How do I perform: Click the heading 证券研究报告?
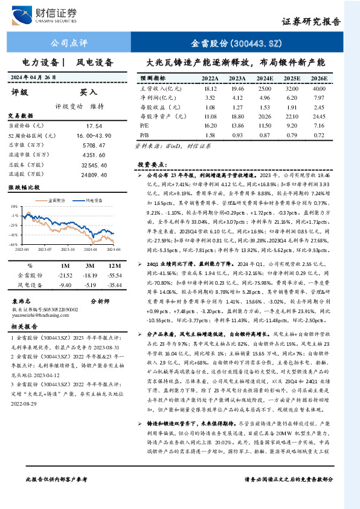(x=310, y=22)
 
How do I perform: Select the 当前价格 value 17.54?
(x=94, y=125)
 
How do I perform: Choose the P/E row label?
(x=144, y=124)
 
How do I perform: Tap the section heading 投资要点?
(x=151, y=164)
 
